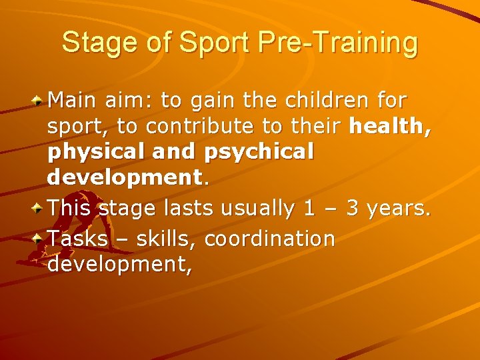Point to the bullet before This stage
39,209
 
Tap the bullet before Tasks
39,238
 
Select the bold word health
389,127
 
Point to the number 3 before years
353,209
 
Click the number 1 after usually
309,209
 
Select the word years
397,209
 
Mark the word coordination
269,238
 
